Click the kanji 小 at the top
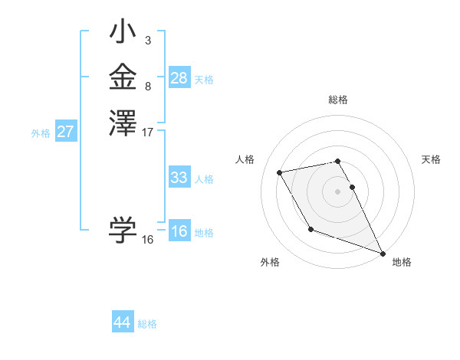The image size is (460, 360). coord(123,34)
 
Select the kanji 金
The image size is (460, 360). coord(123,77)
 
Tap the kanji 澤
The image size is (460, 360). coord(123,122)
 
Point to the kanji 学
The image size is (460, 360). coord(123,229)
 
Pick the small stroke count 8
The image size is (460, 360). coord(147,87)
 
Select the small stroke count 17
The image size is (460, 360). coord(148,132)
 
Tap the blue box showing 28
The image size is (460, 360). coord(179,78)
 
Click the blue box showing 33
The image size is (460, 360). coord(179,178)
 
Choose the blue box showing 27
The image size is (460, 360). coord(65,132)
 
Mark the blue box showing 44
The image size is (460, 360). coord(122,322)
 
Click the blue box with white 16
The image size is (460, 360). coord(179,231)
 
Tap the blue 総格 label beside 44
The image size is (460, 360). coord(147,324)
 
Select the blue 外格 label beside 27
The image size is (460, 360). coord(41,133)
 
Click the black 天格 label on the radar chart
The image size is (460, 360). coord(431,159)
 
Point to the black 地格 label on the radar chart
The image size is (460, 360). coord(402,262)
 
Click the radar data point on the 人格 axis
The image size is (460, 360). coord(280,173)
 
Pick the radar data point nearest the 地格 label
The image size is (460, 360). coord(383,254)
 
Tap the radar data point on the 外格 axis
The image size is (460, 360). coord(310,229)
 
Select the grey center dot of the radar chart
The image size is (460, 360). coord(338,191)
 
